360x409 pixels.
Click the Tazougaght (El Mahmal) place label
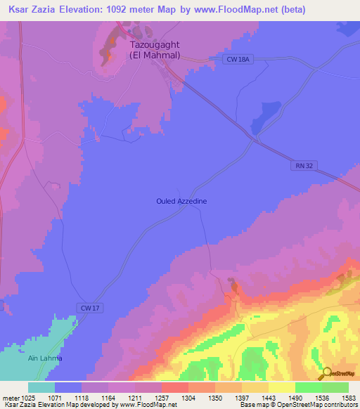tap(155, 50)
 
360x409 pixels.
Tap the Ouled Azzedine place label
tap(181, 201)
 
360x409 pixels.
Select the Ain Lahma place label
tap(45, 358)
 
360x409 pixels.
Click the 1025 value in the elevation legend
tap(27, 397)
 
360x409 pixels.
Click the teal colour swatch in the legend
tap(41, 387)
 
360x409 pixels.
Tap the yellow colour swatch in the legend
tap(281, 387)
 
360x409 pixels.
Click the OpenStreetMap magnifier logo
tap(326, 373)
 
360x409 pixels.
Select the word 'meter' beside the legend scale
tap(10, 397)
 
